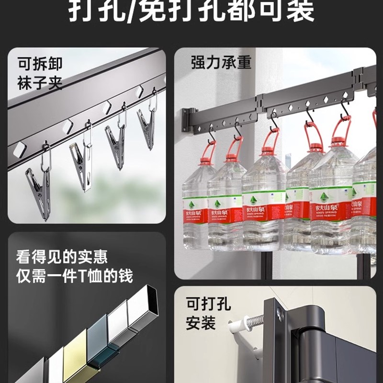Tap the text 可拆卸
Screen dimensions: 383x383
point(41,64)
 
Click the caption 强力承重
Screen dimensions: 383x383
point(221,62)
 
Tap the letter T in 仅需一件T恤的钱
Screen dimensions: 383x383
point(92,276)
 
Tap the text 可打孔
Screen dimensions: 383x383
point(208,304)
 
